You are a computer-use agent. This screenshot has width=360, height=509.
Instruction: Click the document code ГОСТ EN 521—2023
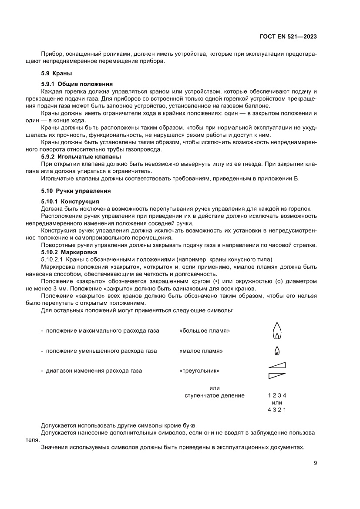(x=289, y=37)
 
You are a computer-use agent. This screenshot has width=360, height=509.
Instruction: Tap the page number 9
(x=315, y=463)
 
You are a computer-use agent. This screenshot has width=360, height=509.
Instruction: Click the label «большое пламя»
(x=204, y=331)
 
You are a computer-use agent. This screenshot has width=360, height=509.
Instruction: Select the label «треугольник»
(x=199, y=371)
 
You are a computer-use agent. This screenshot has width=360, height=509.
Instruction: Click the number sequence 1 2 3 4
(x=276, y=396)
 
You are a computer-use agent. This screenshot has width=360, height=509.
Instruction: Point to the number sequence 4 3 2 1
(x=276, y=410)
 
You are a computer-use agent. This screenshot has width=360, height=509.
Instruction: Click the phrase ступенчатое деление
(x=215, y=396)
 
